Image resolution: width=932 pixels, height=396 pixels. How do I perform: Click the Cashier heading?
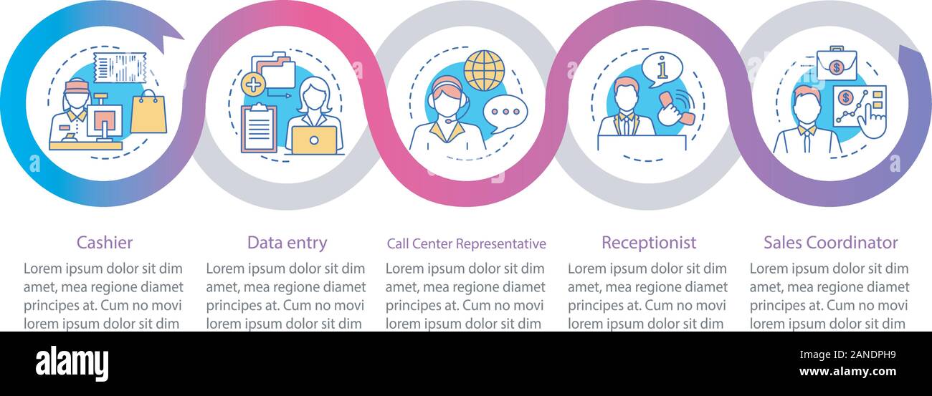pos(105,243)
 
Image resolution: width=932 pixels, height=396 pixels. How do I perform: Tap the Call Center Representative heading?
pos(467,244)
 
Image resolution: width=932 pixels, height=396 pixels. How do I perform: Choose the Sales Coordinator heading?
pos(830,243)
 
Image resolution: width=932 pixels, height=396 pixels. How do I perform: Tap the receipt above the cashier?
pos(120,67)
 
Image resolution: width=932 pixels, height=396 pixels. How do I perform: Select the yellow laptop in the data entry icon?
pos(314,140)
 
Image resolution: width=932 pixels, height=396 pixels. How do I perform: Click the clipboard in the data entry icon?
pos(259,128)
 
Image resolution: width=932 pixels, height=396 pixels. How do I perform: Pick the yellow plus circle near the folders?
pos(253,84)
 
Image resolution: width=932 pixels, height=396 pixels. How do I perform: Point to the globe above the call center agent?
pos(484,71)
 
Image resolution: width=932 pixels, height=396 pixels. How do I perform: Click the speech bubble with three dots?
pos(505,113)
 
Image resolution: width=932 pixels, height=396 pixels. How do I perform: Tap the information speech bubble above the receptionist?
pos(662,69)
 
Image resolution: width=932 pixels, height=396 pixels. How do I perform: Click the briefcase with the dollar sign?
pos(837,63)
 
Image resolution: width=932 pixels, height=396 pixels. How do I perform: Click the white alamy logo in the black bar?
pos(72,364)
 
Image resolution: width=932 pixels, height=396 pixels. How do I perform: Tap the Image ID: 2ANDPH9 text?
pos(847,355)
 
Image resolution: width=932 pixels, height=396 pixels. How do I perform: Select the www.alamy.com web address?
pos(847,371)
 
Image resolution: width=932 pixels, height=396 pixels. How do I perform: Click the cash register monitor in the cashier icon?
pos(105,120)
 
